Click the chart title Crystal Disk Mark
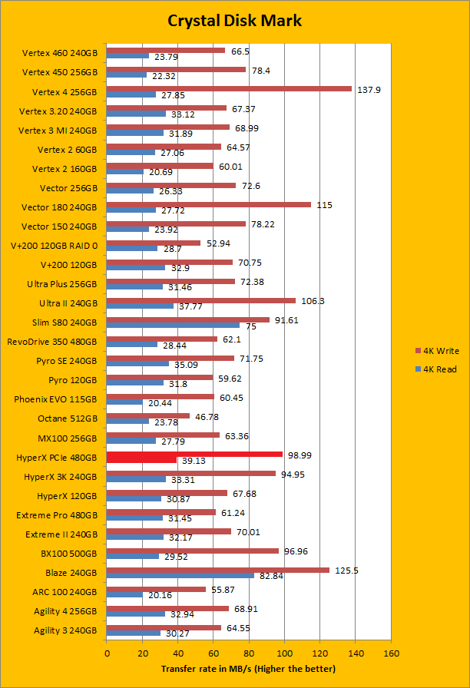[x=235, y=20]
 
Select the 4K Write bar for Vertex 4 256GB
[x=229, y=89]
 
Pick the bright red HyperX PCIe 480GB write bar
[x=194, y=455]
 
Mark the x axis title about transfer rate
[x=248, y=670]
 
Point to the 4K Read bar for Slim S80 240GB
[x=173, y=325]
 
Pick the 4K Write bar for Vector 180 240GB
[x=209, y=204]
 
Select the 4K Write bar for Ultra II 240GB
[x=201, y=300]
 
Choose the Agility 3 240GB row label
[x=65, y=630]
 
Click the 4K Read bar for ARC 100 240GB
[x=124, y=594]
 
